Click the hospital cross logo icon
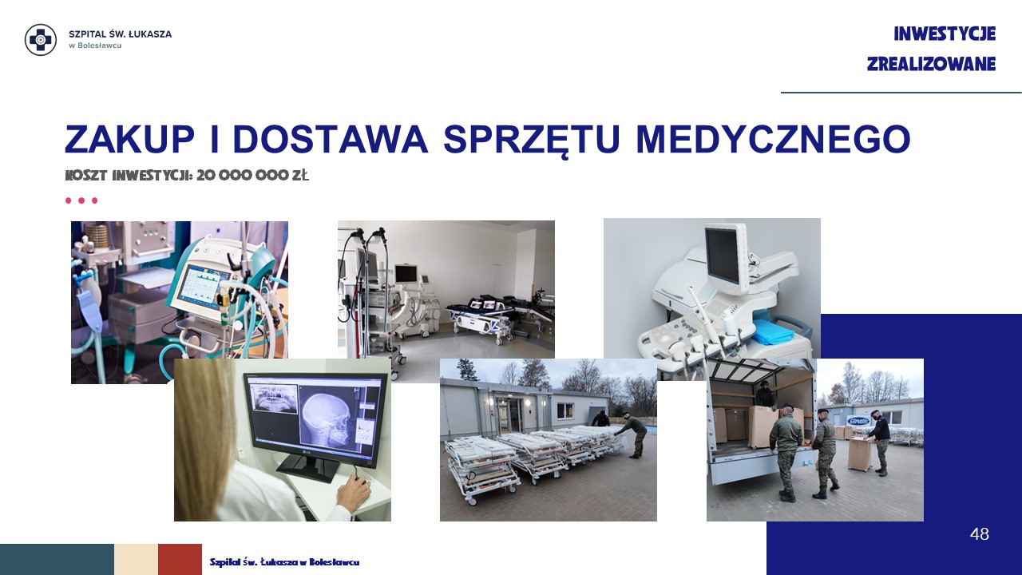pos(41,40)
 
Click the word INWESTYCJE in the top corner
pos(945,34)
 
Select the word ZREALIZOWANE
pos(931,64)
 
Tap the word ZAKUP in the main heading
pos(129,139)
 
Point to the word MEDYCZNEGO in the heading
pos(773,139)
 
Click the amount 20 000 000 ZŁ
pos(253,175)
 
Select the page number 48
pos(979,534)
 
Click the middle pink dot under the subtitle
pos(81,200)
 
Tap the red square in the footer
pos(180,560)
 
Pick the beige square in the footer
pos(136,560)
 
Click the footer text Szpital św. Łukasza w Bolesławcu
pos(284,562)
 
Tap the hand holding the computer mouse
pos(354,490)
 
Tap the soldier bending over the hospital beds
pos(630,434)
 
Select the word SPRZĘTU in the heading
pos(532,140)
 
